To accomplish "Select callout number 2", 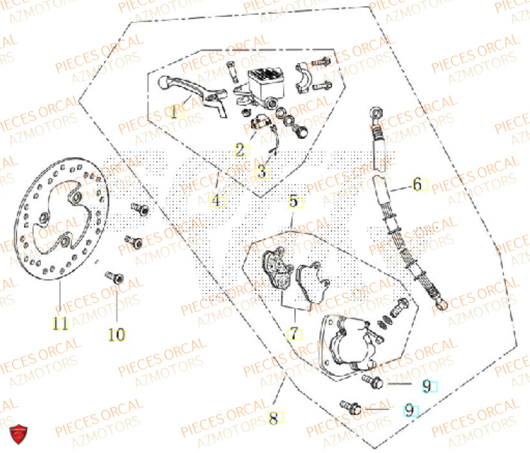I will point(240,150).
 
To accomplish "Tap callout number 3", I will point(263,172).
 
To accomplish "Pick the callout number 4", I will point(216,201).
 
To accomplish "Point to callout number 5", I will point(294,201).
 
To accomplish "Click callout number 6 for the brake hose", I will point(417,185).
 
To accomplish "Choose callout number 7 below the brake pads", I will point(294,334).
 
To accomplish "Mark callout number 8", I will point(273,419).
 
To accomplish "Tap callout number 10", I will point(117,334).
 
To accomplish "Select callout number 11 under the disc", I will point(60,323).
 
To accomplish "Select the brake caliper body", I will point(350,344).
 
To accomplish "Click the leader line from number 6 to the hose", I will point(401,186).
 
